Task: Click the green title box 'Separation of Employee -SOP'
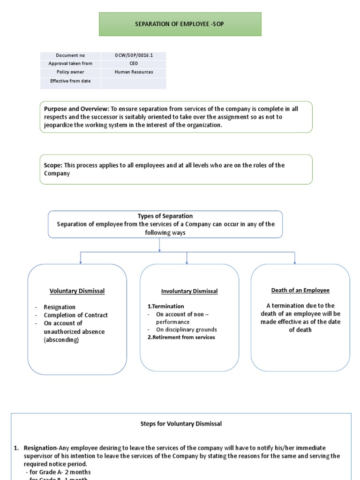tap(180, 24)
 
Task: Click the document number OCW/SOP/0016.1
tap(134, 55)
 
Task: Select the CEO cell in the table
tap(134, 64)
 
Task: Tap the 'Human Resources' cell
tap(134, 72)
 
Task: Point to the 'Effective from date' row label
tap(70, 81)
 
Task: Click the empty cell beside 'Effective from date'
tap(134, 83)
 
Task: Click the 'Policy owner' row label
tap(70, 72)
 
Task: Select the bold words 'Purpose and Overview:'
tap(76, 109)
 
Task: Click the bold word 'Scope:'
tap(53, 165)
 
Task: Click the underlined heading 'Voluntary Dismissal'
tap(77, 291)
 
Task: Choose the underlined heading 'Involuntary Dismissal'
tap(189, 291)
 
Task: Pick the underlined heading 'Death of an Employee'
tap(300, 290)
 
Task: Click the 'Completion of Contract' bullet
tap(75, 315)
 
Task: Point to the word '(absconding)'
tap(61, 340)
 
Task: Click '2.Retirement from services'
tap(181, 337)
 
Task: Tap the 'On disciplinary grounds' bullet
tap(186, 330)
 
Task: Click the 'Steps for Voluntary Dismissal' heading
tap(181, 424)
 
